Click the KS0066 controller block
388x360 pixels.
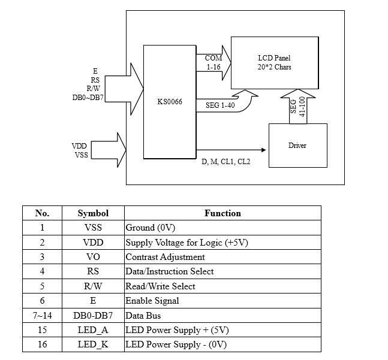pos(170,102)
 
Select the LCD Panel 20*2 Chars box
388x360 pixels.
pos(274,62)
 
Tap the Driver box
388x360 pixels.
pos(297,146)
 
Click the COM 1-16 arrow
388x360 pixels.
pos(214,63)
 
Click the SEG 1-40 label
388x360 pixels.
pos(221,105)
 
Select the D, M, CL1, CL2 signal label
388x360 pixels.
pos(226,162)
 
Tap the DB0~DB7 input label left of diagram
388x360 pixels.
pos(88,96)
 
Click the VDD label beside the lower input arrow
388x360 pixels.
pos(79,146)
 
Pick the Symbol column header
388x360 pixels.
pos(93,213)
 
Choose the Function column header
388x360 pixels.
pos(222,213)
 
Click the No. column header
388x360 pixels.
pos(42,213)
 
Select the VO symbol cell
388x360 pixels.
pos(93,257)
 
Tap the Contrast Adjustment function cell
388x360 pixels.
pos(165,257)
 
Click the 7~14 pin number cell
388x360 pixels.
pos(42,316)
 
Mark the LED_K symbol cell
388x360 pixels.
pos(93,344)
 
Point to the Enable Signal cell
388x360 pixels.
pos(152,301)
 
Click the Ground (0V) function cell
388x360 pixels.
pos(150,228)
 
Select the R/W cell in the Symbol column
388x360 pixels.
pos(93,286)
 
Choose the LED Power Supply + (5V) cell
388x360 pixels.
pos(177,330)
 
